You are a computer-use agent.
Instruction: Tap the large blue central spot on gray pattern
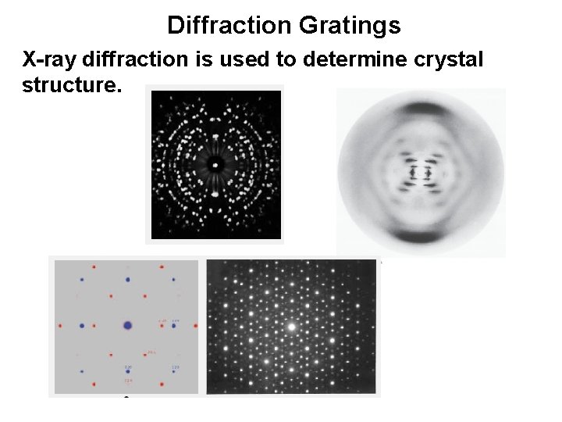127,325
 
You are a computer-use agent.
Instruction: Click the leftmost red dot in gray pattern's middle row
61,325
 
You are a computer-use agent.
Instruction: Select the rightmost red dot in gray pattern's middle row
194,325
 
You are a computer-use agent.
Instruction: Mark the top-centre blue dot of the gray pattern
127,279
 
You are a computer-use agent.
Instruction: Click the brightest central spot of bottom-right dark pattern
292,325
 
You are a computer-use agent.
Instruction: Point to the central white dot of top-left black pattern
215,164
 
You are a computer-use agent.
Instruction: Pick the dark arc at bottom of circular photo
421,236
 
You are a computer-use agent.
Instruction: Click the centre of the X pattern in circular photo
421,172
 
